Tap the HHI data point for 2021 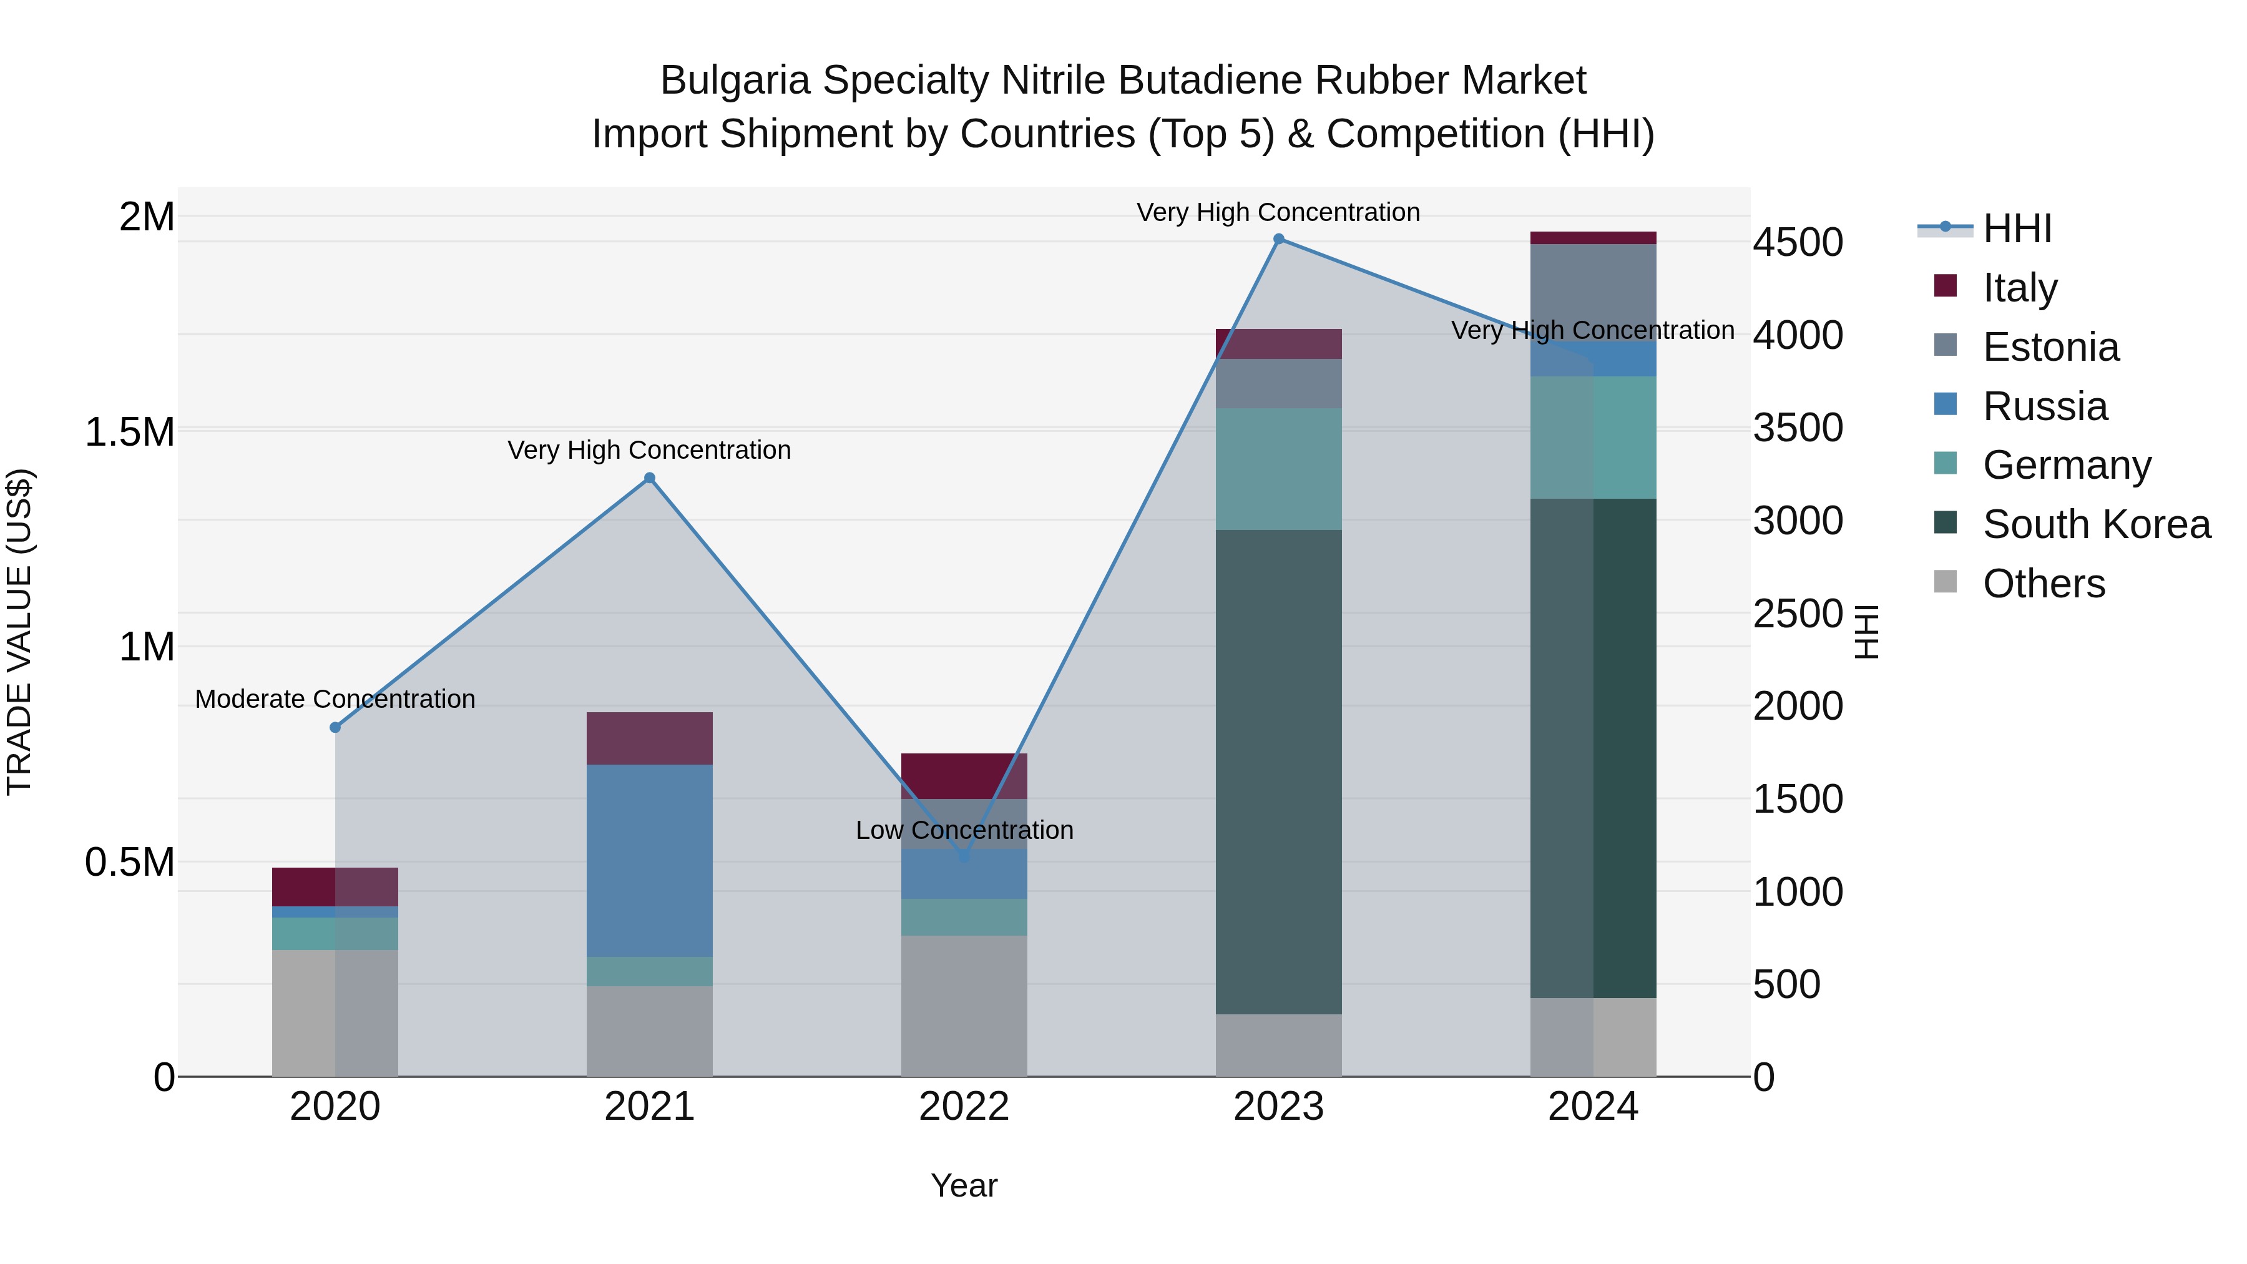[649, 478]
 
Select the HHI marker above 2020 [335, 728]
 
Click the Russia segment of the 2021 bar [649, 860]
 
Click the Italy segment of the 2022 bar [963, 775]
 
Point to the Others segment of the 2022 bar [963, 1006]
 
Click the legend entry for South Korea [2095, 524]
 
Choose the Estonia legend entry [2050, 347]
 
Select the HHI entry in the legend [2016, 228]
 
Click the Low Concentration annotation [964, 830]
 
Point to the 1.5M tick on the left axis [130, 432]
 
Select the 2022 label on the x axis [963, 1107]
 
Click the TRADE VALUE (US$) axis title [19, 632]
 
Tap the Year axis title [963, 1185]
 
